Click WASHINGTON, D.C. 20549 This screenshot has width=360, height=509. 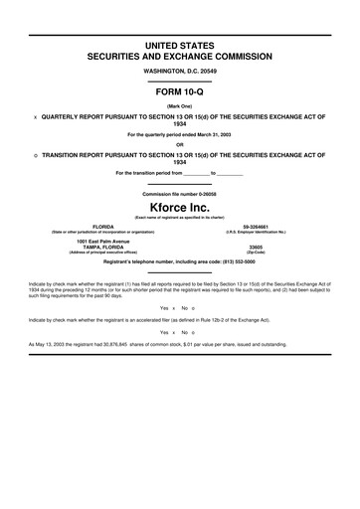coord(180,71)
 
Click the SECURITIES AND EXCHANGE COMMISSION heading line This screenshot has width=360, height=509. coord(180,58)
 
